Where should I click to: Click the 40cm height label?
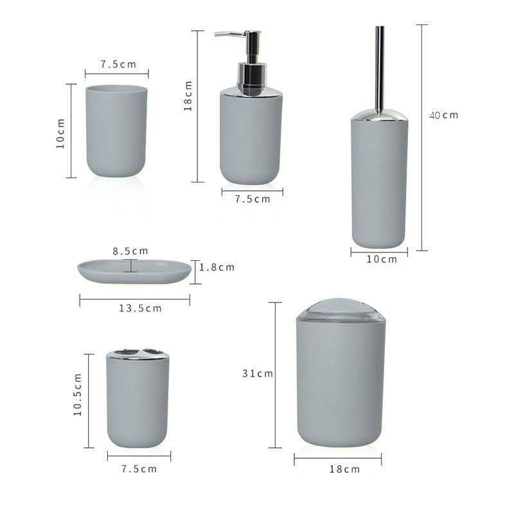[x=443, y=115]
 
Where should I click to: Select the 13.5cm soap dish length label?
[x=140, y=308]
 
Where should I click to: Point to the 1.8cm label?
[x=217, y=267]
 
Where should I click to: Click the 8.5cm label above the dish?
[x=130, y=251]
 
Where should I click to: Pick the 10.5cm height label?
[x=78, y=394]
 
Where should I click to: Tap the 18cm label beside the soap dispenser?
[x=188, y=96]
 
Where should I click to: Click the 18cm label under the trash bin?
[x=344, y=469]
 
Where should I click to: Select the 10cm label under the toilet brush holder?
[x=382, y=260]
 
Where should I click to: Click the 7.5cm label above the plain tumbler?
[x=118, y=64]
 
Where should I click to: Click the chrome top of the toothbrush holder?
[x=137, y=354]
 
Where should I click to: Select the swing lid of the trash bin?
[x=341, y=309]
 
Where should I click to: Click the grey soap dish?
[x=135, y=270]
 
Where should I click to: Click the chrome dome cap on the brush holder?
[x=379, y=116]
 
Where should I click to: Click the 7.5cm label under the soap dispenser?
[x=252, y=199]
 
